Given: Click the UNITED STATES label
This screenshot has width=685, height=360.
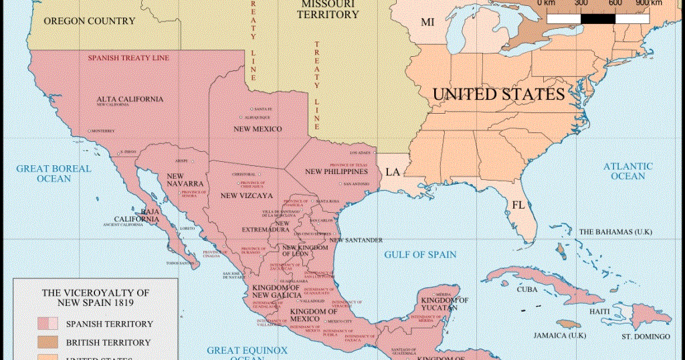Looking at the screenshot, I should pos(498,94).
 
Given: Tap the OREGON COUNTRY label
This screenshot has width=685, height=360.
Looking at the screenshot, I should pos(89,21).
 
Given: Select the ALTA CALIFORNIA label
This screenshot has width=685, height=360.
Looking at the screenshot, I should pos(130,99).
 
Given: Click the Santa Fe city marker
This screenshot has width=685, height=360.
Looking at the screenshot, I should pos(252,109).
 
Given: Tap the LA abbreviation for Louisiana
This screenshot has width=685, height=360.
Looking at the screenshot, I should pos(392,173).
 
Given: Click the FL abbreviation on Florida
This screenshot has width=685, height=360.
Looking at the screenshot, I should pos(518,205).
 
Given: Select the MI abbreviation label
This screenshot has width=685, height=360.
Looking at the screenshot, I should pos(427,23).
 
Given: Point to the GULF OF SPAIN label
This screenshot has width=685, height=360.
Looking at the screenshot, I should pos(420,254).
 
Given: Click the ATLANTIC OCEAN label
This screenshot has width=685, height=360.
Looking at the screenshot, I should pos(627,171).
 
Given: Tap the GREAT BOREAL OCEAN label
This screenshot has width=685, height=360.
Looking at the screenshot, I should pos(54,173).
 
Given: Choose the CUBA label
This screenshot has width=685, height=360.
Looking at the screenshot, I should pos(528,290).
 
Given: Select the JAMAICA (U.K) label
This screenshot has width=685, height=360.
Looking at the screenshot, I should pos(563,335).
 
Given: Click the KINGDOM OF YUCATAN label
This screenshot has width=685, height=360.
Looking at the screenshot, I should pos(444,304).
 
